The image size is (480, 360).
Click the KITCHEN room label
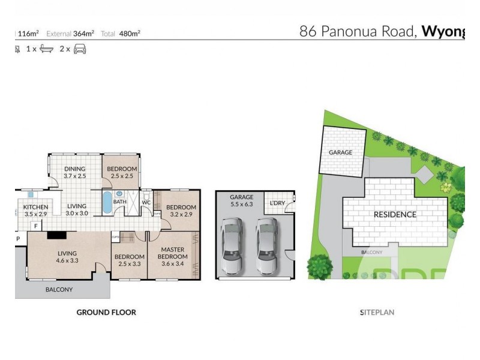(35, 207)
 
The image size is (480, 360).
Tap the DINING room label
(75, 169)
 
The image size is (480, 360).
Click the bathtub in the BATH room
(107, 203)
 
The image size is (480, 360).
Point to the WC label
(146, 202)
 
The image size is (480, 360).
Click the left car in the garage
(231, 245)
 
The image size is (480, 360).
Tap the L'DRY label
(277, 202)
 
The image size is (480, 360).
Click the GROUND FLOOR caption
(106, 312)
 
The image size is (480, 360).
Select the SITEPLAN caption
(377, 313)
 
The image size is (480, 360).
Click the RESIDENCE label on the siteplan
(395, 214)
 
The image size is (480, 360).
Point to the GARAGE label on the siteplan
(340, 152)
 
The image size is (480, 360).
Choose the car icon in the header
(80, 49)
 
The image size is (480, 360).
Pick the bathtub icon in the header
(46, 49)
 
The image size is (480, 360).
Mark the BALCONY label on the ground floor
(59, 290)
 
